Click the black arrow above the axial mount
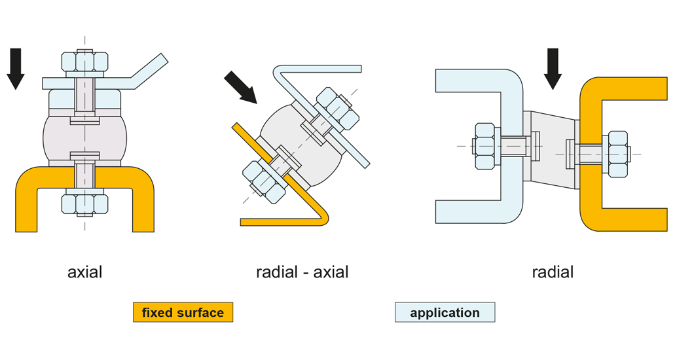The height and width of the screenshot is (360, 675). (16, 69)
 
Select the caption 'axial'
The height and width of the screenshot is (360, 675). (84, 272)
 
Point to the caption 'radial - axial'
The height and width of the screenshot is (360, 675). (302, 272)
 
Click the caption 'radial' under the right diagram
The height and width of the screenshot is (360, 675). (553, 272)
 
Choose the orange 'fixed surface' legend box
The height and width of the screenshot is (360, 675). (183, 312)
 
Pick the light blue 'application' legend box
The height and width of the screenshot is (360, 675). (445, 312)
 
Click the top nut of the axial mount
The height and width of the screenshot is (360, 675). (84, 62)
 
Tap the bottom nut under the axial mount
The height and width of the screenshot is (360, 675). (84, 204)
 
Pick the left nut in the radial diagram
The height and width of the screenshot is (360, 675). (484, 145)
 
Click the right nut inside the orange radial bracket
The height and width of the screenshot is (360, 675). (617, 154)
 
